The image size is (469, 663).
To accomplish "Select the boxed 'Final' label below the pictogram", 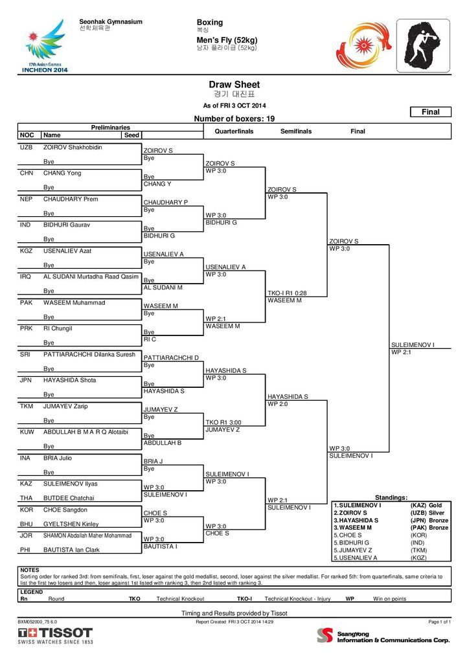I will (431, 112).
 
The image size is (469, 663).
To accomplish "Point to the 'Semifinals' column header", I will (296, 131).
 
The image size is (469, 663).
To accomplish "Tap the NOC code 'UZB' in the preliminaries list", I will (26, 148).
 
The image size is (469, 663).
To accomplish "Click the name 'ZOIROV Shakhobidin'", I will (73, 148).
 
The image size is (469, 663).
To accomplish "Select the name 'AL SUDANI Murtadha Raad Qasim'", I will (91, 276).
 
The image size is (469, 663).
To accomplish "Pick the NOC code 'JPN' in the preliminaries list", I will (26, 381).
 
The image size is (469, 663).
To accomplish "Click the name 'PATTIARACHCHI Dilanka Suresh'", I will (89, 355).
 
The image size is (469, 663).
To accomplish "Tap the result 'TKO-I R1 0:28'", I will (287, 293).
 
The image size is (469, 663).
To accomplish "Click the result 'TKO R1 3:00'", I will (223, 422).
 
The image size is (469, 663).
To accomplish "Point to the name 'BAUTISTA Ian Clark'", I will (71, 549).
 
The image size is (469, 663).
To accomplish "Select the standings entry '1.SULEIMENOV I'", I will (357, 505).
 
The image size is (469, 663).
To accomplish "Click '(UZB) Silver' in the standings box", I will (428, 513).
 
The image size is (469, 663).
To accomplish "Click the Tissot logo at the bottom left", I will (55, 635).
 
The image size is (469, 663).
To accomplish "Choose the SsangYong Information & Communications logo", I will (383, 636).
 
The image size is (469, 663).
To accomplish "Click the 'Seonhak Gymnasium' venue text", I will (111, 22).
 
